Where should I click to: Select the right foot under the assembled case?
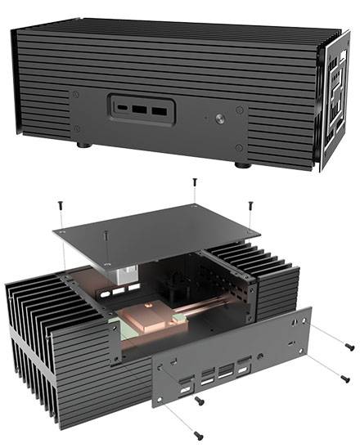(243, 164)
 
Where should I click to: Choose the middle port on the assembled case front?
(141, 108)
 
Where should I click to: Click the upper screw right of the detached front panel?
(349, 346)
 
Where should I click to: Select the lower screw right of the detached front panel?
(344, 379)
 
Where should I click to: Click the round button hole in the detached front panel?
(260, 356)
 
